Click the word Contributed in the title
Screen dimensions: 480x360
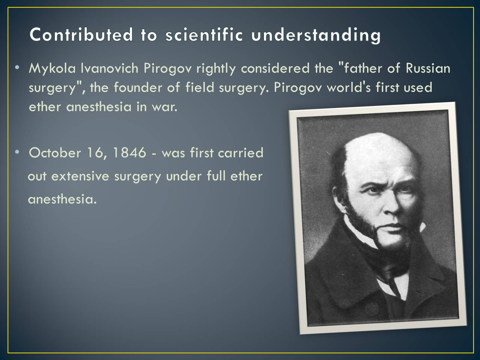click(81, 34)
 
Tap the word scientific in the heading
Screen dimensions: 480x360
click(204, 34)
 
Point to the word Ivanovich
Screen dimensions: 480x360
click(109, 68)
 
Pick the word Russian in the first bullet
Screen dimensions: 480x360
click(428, 68)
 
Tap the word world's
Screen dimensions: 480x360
click(349, 87)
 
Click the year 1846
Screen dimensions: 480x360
click(129, 152)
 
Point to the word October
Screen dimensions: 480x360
click(55, 152)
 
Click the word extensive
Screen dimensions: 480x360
click(80, 176)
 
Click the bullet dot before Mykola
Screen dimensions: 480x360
click(17, 67)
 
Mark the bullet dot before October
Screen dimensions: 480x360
click(17, 152)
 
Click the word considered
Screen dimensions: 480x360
click(275, 68)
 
